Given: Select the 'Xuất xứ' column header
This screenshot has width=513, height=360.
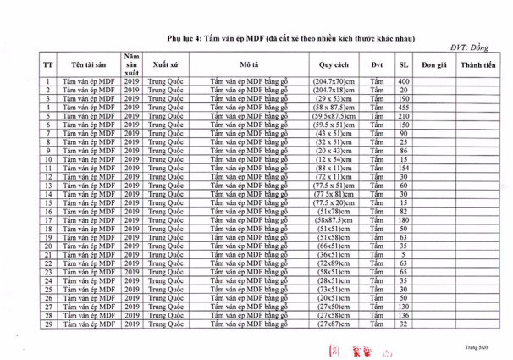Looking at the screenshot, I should [164, 64].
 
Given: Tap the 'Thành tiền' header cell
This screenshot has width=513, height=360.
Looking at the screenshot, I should [478, 64].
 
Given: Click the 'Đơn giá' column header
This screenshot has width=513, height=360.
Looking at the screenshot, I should [434, 64].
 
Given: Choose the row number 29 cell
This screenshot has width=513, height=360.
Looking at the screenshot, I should [49, 325].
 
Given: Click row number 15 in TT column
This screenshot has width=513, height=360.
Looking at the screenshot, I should [49, 202].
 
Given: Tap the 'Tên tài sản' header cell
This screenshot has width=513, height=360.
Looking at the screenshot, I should [89, 64].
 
